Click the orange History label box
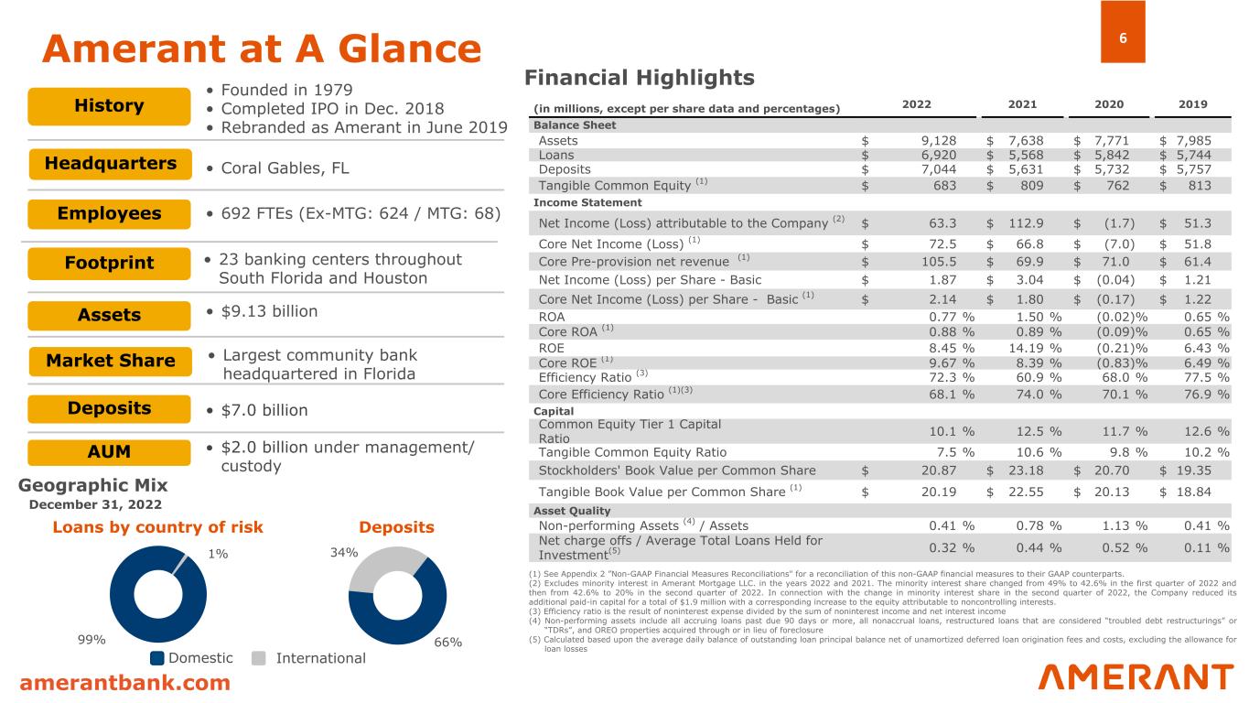click(x=109, y=106)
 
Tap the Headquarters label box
click(x=109, y=164)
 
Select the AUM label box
click(x=109, y=452)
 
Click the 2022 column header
click(x=917, y=104)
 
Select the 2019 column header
click(x=1192, y=104)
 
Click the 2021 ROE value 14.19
click(x=1031, y=348)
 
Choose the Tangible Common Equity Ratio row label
click(x=632, y=451)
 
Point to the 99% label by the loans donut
click(x=92, y=640)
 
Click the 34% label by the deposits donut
click(x=344, y=552)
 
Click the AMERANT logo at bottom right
click(x=1136, y=677)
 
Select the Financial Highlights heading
click(x=639, y=78)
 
